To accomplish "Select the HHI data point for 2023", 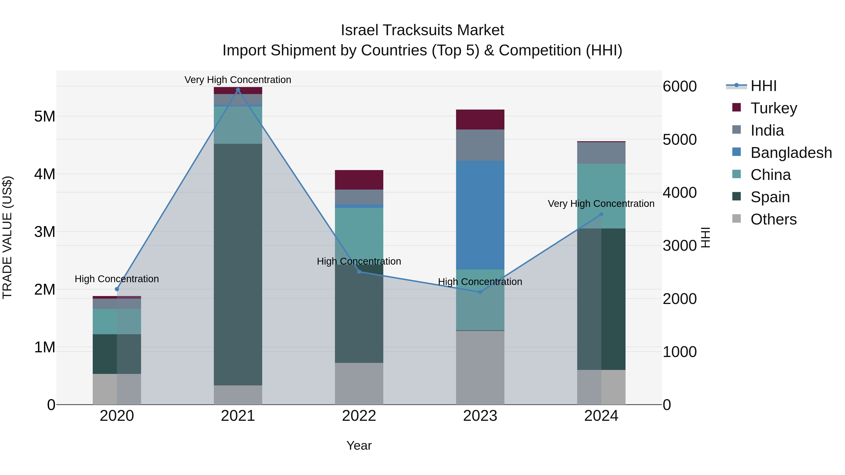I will pos(480,292).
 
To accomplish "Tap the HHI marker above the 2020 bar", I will pos(117,289).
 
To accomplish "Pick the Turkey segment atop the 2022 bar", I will pos(359,180).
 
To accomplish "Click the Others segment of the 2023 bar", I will pos(480,367).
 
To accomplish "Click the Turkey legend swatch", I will pos(736,107).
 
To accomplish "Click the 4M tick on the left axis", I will pos(45,174).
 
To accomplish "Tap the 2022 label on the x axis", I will pos(359,416).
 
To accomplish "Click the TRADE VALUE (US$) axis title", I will pos(7,237).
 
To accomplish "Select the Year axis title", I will pos(359,445).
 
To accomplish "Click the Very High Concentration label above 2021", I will pos(238,80).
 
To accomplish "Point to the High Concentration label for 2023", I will pos(480,281).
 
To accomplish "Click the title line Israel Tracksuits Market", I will pos(422,30).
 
